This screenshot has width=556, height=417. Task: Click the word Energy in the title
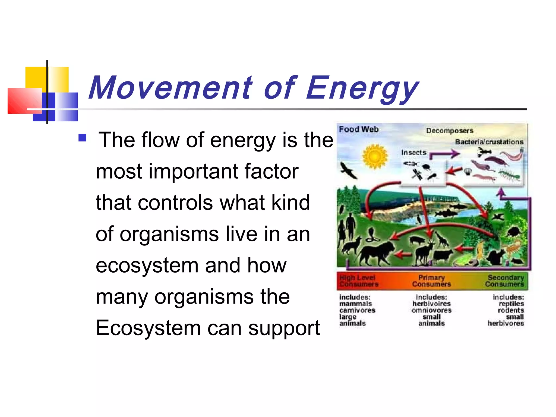tap(362, 88)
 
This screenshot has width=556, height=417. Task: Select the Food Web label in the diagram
tap(359, 129)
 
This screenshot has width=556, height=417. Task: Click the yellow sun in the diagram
tap(375, 157)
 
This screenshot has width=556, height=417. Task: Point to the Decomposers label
tap(450, 131)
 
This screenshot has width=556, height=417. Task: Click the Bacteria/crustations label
tap(489, 142)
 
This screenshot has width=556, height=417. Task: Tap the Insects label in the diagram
tap(414, 153)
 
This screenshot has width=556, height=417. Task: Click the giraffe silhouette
tap(441, 239)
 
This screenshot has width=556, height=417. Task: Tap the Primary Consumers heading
tap(431, 281)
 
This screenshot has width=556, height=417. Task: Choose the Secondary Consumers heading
tap(505, 281)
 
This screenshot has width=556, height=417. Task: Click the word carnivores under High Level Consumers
tap(357, 310)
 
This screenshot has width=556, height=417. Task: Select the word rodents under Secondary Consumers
tap(511, 310)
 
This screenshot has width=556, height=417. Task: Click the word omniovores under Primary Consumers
tap(431, 310)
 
